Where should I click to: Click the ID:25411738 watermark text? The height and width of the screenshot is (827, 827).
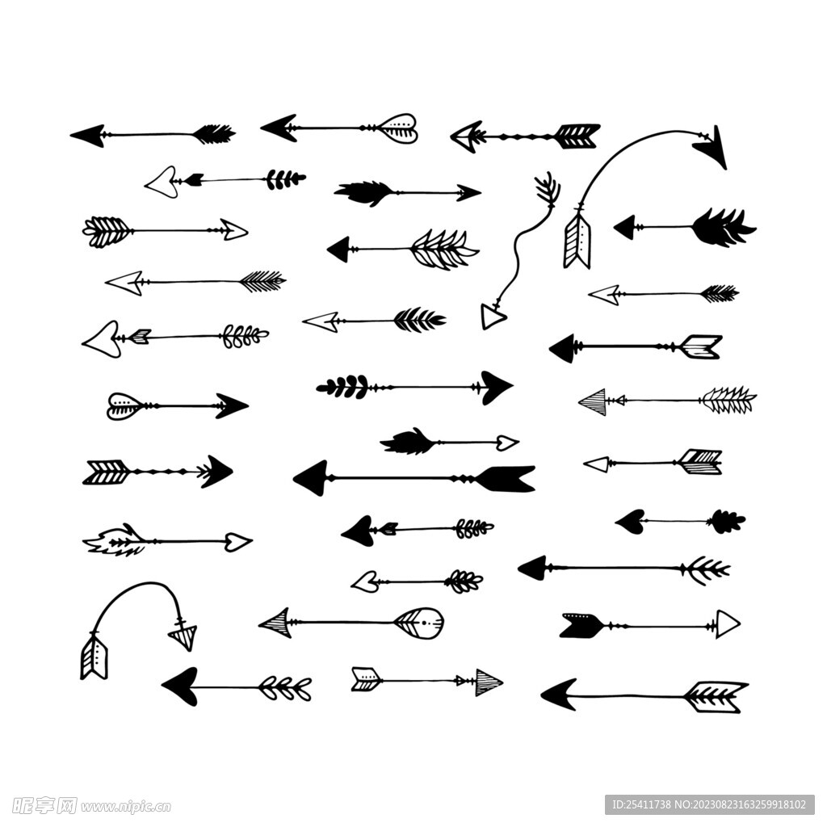pyautogui.click(x=641, y=805)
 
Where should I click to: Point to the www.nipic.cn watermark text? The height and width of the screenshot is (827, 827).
pyautogui.click(x=126, y=807)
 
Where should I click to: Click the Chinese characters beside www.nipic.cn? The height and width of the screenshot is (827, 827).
pyautogui.click(x=45, y=806)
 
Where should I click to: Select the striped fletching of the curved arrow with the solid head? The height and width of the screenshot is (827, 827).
pyautogui.click(x=577, y=241)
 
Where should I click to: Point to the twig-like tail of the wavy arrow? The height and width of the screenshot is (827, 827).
pyautogui.click(x=548, y=189)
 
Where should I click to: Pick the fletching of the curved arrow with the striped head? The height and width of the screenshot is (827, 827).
pyautogui.click(x=94, y=657)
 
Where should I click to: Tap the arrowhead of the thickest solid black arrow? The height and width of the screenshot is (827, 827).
pyautogui.click(x=311, y=478)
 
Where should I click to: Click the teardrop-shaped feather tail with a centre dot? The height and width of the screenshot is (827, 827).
pyautogui.click(x=419, y=623)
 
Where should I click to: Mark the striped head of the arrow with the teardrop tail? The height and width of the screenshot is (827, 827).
pyautogui.click(x=275, y=623)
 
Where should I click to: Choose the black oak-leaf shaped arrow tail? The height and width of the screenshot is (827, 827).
pyautogui.click(x=726, y=522)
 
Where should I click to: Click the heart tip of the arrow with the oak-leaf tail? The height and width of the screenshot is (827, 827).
pyautogui.click(x=630, y=522)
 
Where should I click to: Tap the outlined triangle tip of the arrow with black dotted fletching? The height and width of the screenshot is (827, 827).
pyautogui.click(x=728, y=624)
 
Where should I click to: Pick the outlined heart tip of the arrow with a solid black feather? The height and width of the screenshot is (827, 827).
pyautogui.click(x=506, y=443)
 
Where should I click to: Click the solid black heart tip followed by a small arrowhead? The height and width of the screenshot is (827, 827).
pyautogui.click(x=359, y=531)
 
